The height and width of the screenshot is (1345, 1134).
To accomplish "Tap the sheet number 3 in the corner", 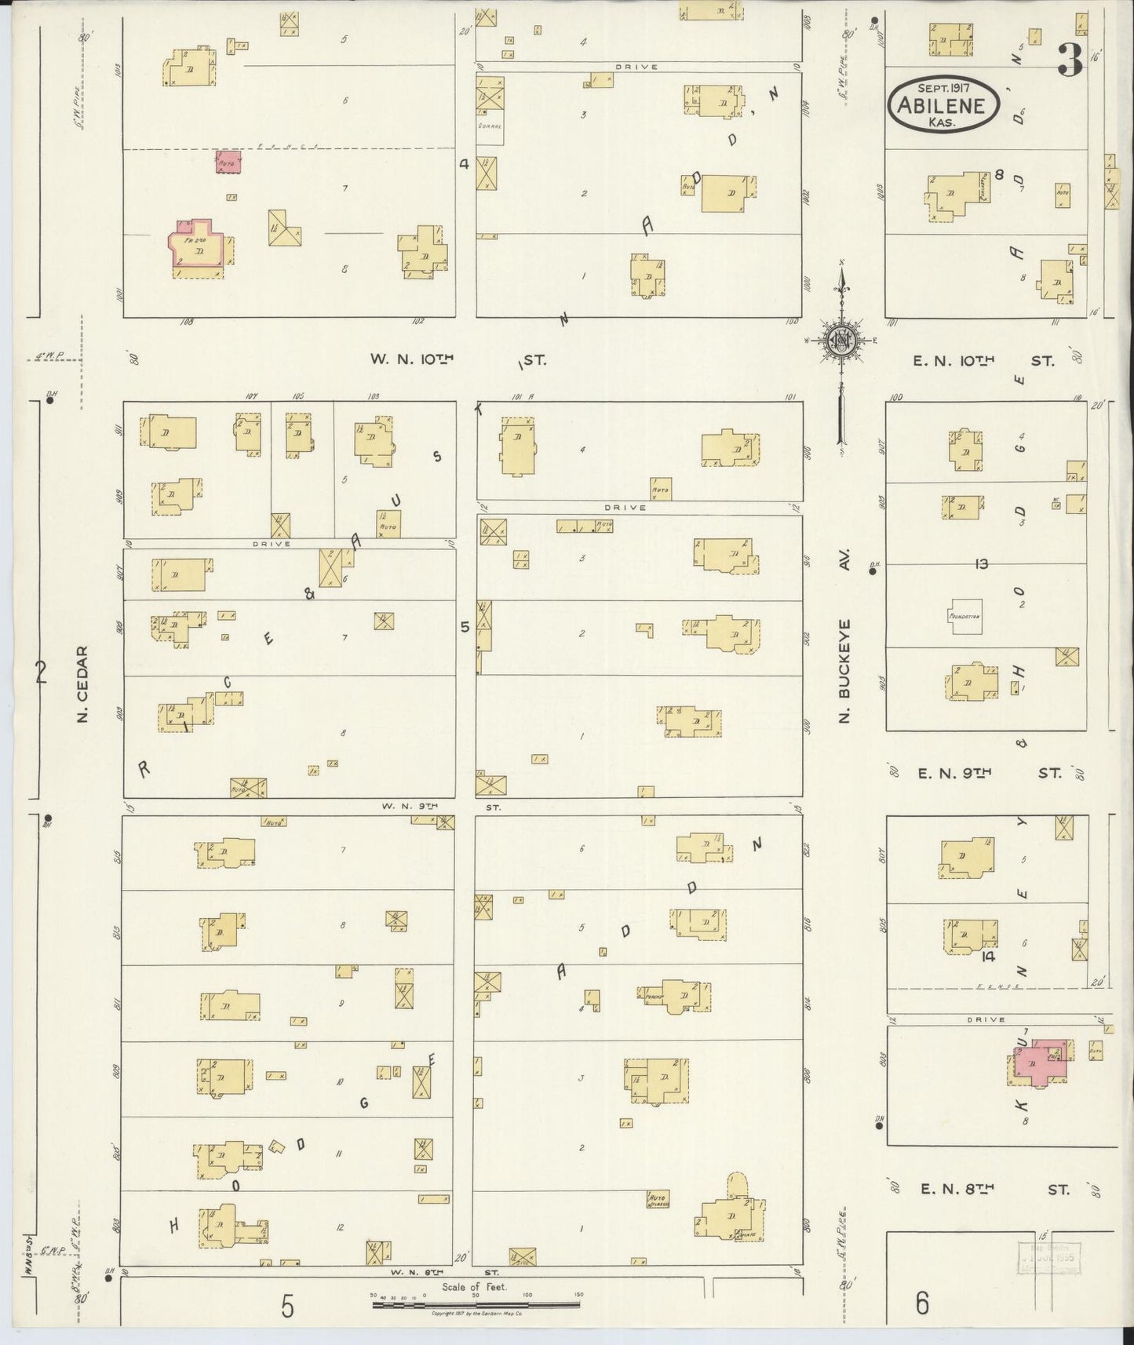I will click(1070, 59).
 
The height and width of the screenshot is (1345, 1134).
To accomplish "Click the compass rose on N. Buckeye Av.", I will click(840, 341).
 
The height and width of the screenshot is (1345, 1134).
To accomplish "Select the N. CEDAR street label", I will click(84, 683).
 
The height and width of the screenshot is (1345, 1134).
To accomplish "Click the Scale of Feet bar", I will click(476, 1305).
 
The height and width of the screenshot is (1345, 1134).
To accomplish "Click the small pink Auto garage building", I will click(228, 162).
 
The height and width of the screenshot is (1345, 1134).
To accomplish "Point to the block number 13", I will click(981, 563).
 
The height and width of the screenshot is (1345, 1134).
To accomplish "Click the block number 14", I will click(988, 957).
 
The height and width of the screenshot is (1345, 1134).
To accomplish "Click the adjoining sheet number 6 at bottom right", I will click(921, 1303).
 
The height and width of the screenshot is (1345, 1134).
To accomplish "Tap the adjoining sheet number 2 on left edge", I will click(42, 672).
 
